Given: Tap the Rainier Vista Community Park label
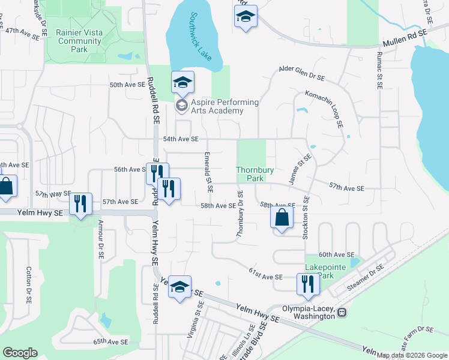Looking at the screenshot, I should pos(78,41).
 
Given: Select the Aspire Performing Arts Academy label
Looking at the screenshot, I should pos(217,106).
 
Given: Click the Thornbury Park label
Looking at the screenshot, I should pos(255,174).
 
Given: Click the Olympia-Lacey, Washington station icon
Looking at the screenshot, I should pos(342,313).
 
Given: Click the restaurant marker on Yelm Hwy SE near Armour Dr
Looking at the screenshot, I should pos(80,204).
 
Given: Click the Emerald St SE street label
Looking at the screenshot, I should pos(208,173).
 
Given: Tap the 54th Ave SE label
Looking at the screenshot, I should pos(181,139).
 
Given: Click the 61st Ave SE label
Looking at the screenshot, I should pos(265,274).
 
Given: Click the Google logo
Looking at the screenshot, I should pos(20,353).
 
